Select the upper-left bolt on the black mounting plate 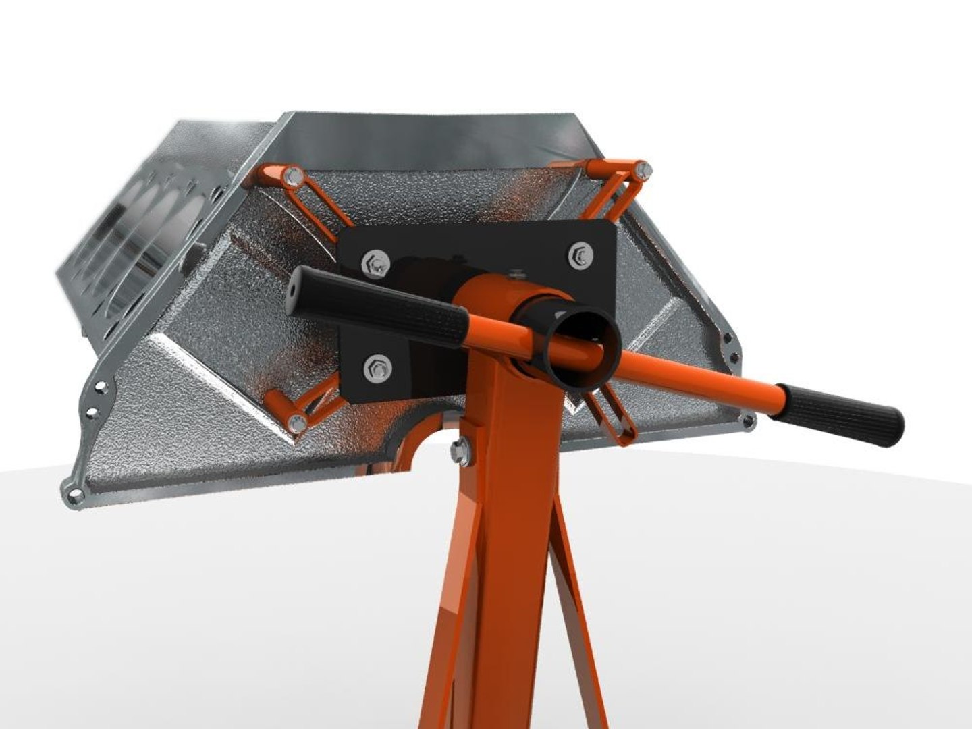click(x=375, y=263)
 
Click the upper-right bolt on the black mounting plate click(x=580, y=255)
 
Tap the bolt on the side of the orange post click(x=461, y=450)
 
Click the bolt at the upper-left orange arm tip click(x=292, y=178)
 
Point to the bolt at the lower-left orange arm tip click(x=297, y=423)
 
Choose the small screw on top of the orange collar click(x=518, y=273)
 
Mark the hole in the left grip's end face click(x=296, y=289)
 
